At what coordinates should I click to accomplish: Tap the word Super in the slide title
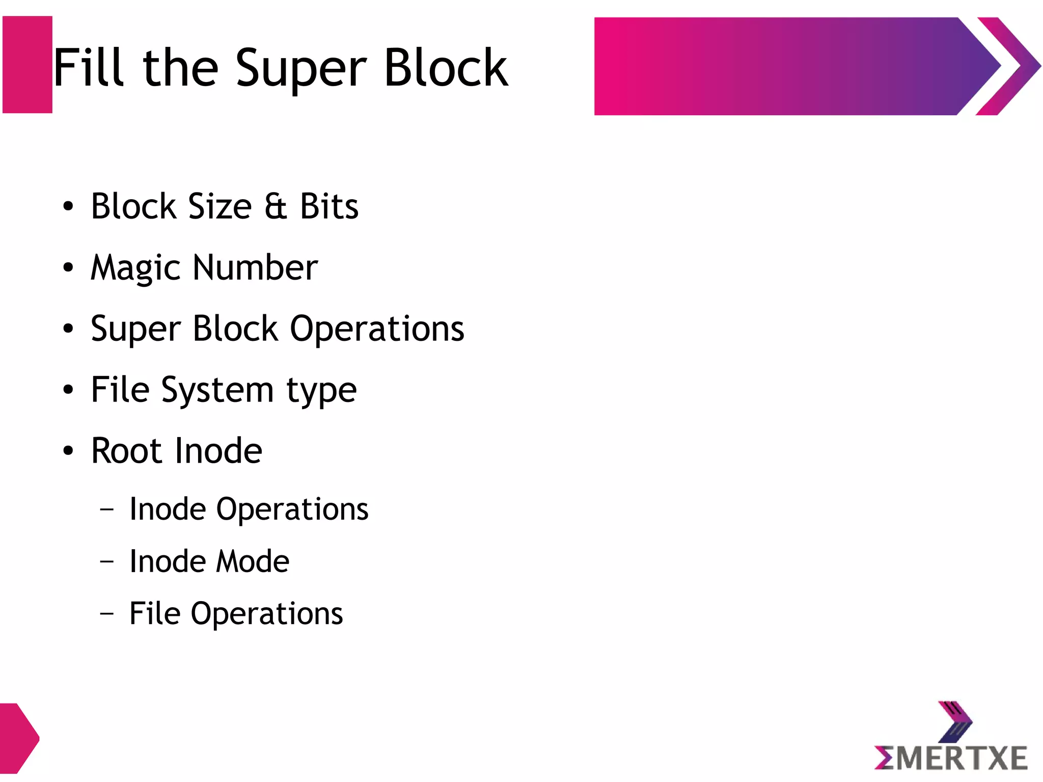coord(300,69)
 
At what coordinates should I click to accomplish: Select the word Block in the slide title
coord(446,67)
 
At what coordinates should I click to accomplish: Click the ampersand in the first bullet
coord(276,206)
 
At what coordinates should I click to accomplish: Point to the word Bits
coord(329,206)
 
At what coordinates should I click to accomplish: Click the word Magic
coord(135,268)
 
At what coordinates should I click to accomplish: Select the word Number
coord(255,267)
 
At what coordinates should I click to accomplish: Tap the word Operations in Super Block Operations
coord(377,329)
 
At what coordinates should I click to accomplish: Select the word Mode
coord(253,561)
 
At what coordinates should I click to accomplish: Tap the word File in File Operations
coord(155,613)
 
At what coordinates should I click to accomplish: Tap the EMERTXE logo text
coord(950,758)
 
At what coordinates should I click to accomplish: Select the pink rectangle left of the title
coord(28,65)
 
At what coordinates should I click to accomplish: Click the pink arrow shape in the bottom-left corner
coord(18,738)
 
